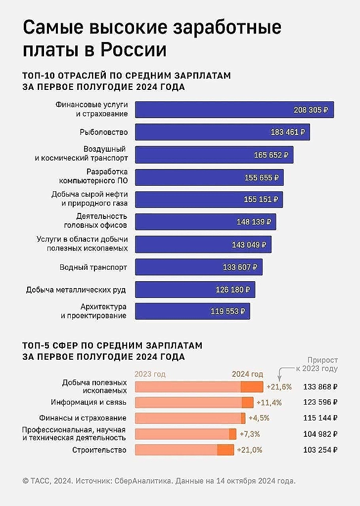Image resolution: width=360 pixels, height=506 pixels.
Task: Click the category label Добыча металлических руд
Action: [77, 290]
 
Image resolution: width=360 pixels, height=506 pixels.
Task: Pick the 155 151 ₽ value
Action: [261, 200]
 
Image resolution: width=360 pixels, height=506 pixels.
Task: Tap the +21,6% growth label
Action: [279, 386]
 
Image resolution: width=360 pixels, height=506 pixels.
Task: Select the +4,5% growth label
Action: [259, 418]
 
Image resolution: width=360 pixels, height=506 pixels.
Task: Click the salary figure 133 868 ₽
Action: [320, 386]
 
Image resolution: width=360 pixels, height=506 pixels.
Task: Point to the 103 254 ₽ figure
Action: [320, 450]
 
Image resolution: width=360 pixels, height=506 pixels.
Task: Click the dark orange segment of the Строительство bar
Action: [225, 450]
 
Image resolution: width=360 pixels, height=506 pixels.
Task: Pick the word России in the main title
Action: [133, 50]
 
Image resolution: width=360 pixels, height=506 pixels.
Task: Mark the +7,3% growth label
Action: [249, 434]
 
